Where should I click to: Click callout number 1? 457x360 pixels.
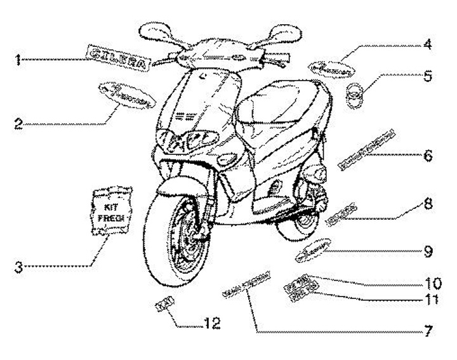20,61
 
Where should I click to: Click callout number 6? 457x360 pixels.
428,154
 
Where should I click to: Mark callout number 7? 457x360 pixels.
429,331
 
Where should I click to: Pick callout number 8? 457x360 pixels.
428,204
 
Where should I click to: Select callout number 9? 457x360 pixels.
428,251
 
